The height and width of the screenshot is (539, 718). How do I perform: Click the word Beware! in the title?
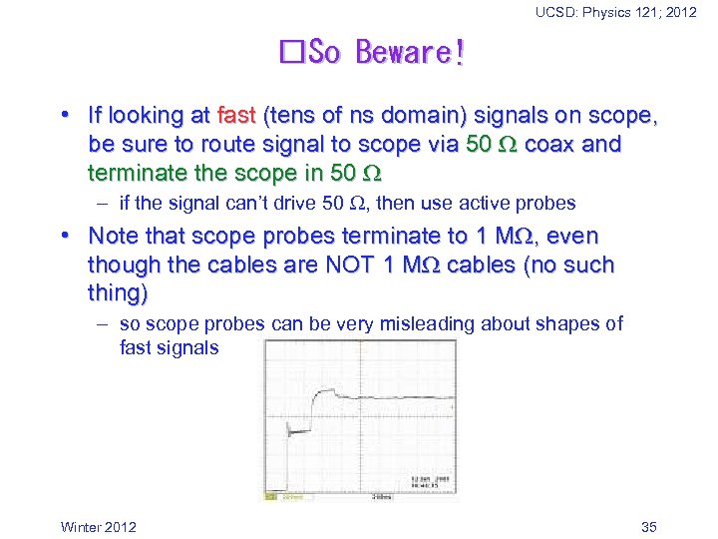click(x=410, y=52)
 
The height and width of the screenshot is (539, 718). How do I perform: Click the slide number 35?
click(x=648, y=527)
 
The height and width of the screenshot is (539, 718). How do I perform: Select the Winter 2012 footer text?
click(x=99, y=527)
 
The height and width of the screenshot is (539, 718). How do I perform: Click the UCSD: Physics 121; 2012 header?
click(x=616, y=12)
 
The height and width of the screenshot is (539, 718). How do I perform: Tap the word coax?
click(x=548, y=144)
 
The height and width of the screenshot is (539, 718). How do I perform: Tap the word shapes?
click(x=567, y=323)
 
